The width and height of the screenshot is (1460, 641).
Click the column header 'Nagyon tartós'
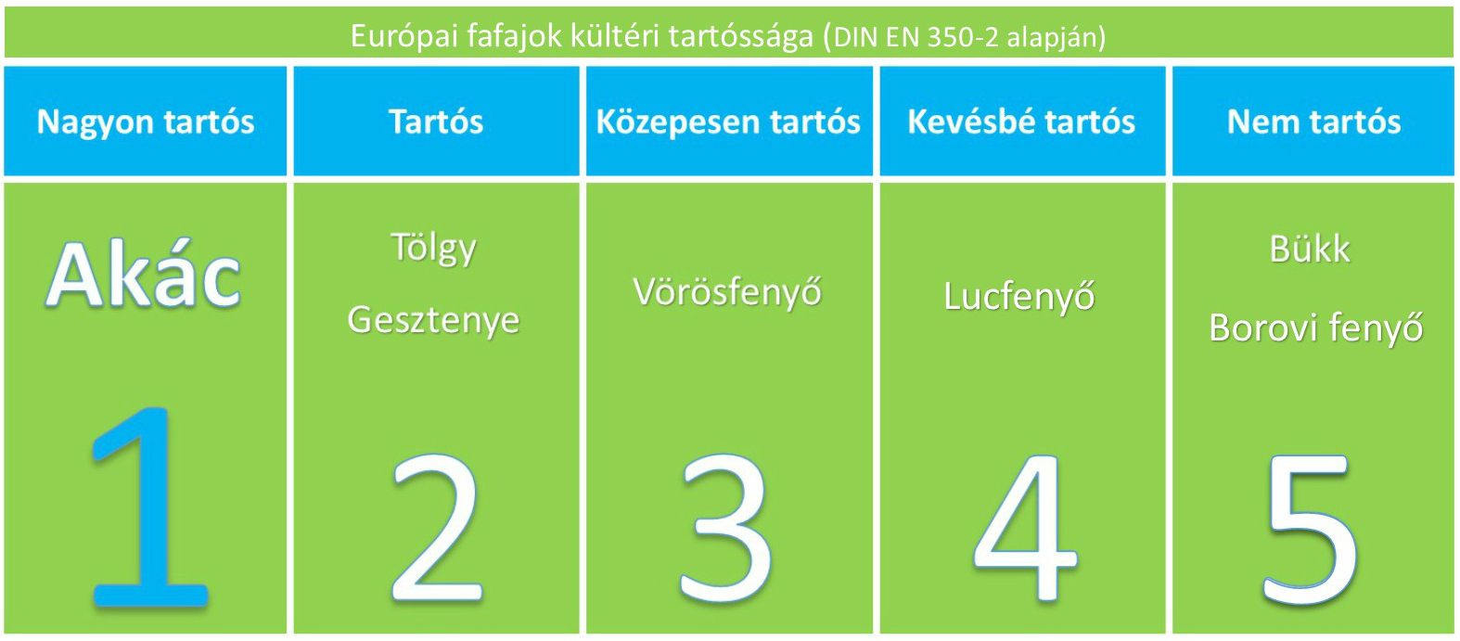click(146, 122)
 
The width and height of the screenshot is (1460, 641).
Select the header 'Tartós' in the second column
click(436, 122)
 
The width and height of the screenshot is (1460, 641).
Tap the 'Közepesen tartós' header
click(728, 122)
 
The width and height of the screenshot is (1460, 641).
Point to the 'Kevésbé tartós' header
click(1021, 122)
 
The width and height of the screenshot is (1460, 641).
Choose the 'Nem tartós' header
click(1313, 122)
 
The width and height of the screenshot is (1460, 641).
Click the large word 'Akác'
click(144, 274)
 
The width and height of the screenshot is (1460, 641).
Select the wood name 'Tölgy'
click(434, 249)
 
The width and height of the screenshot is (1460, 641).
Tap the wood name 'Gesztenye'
click(433, 321)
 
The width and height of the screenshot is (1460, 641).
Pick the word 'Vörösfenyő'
click(727, 291)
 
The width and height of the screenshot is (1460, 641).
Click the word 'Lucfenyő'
click(1019, 296)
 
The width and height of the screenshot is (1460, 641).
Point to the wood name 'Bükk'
click(1310, 249)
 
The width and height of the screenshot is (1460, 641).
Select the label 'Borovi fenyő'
click(1316, 327)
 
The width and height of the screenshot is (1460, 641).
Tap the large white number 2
click(437, 528)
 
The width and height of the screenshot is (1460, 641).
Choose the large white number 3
click(726, 528)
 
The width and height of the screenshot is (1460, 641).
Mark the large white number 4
click(1024, 528)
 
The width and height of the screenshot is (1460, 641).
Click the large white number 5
click(1311, 529)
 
